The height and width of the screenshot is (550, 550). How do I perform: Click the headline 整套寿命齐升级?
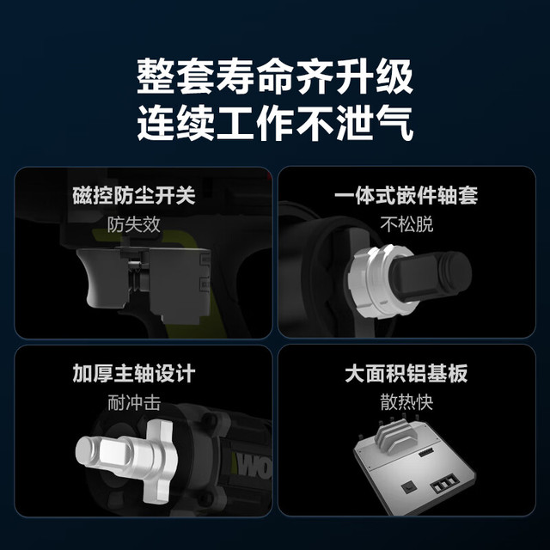coord(275,76)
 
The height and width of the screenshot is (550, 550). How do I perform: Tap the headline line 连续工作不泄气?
coord(275,123)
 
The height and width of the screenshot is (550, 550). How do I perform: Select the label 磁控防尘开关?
coord(134,195)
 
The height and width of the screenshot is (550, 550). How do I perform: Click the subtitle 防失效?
coord(134,224)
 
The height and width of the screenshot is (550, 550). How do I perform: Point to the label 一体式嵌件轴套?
coord(406,195)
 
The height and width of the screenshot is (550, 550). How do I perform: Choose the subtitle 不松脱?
coord(406,224)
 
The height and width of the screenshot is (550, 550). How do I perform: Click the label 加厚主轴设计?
coord(134,373)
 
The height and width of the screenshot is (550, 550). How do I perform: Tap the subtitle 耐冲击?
coord(134,402)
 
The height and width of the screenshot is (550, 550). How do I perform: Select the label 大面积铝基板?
coord(406,373)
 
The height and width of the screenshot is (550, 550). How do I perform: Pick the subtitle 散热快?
coord(406,402)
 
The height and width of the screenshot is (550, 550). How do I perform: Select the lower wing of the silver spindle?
coord(162,486)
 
